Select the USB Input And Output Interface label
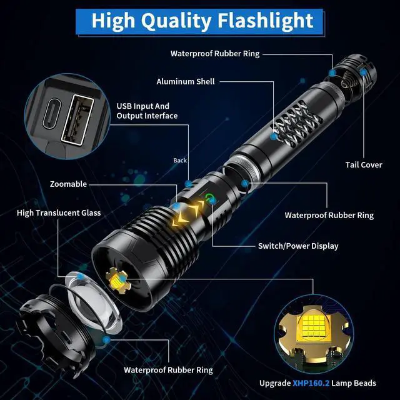(147, 111)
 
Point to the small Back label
(180, 161)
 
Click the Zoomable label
(70, 184)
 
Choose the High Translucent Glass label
(59, 213)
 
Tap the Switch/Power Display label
(298, 246)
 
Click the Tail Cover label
(364, 165)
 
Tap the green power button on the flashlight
(207, 200)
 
